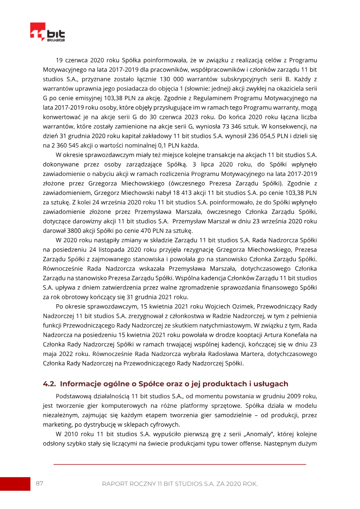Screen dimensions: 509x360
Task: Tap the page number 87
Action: (40, 483)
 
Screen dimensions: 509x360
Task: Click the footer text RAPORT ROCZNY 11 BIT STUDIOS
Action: (180, 484)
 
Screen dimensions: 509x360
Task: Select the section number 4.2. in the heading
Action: (49, 384)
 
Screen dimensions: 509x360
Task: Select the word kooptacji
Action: (246, 335)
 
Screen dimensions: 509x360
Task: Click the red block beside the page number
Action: (15, 484)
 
